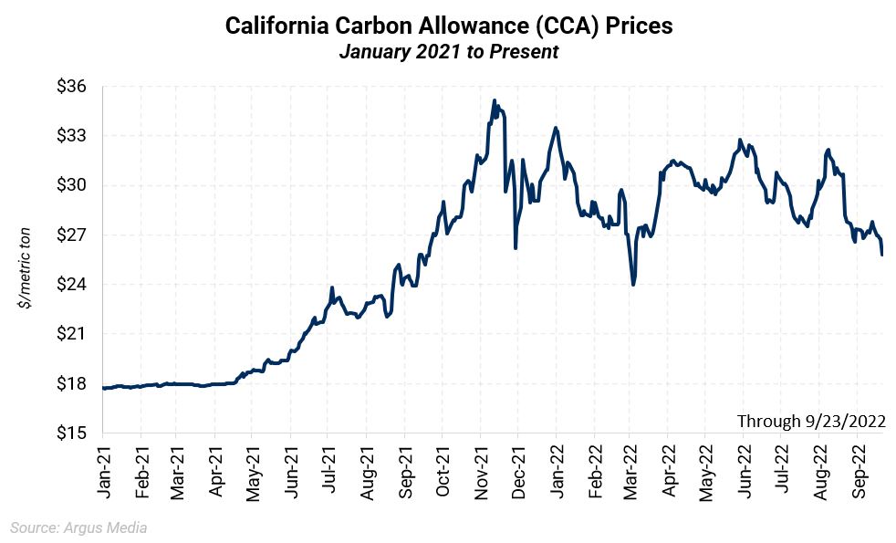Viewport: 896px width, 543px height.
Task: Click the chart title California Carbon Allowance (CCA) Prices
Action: pyautogui.click(x=448, y=26)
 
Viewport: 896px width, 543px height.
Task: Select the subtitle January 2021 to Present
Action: pyautogui.click(x=448, y=52)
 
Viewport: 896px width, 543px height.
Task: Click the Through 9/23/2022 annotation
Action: pyautogui.click(x=811, y=421)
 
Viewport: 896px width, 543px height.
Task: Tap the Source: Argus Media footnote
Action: pyautogui.click(x=78, y=527)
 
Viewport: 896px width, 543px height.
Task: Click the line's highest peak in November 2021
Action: pyautogui.click(x=494, y=100)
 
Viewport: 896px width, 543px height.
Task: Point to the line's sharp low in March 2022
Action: pyautogui.click(x=633, y=285)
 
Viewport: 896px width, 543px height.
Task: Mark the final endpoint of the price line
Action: pyautogui.click(x=882, y=255)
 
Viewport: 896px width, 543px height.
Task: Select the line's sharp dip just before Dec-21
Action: pyautogui.click(x=516, y=247)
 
